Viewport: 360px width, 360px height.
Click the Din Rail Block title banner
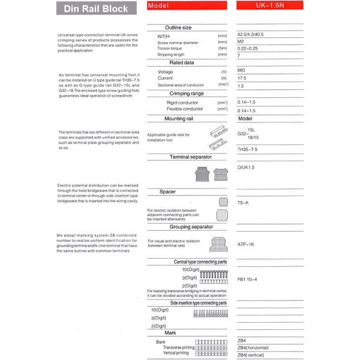pos(95,8)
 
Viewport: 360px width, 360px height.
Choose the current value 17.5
pos(242,78)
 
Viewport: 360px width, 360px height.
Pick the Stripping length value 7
pos(239,55)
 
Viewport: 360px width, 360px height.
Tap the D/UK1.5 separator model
pos(247,167)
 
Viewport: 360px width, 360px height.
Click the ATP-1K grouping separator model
pos(246,244)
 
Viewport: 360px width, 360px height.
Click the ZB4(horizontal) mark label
pos(253,347)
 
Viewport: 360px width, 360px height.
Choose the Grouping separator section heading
pos(191,227)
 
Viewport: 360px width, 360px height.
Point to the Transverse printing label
pos(179,347)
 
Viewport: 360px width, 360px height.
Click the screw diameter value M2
pos(241,43)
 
